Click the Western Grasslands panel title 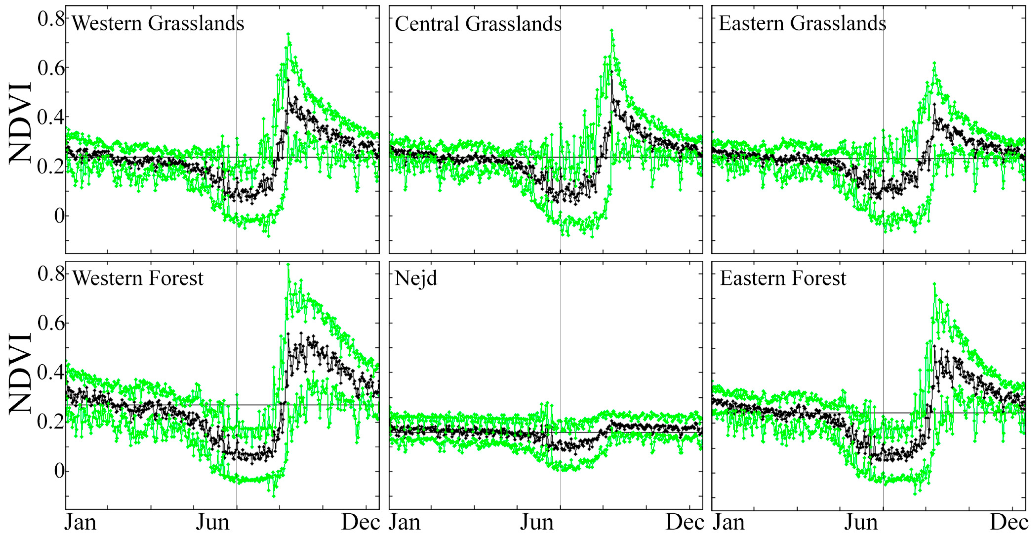pos(158,23)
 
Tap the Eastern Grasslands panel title pos(802,23)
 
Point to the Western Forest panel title pos(138,278)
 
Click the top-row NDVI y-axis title pos(20,122)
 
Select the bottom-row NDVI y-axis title pos(20,373)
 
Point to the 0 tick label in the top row pos(59,216)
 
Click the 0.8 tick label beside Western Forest pos(51,274)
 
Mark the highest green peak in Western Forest pos(288,265)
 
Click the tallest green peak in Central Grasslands pos(611,31)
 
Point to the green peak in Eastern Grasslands pos(934,63)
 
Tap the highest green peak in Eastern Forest pos(934,284)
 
